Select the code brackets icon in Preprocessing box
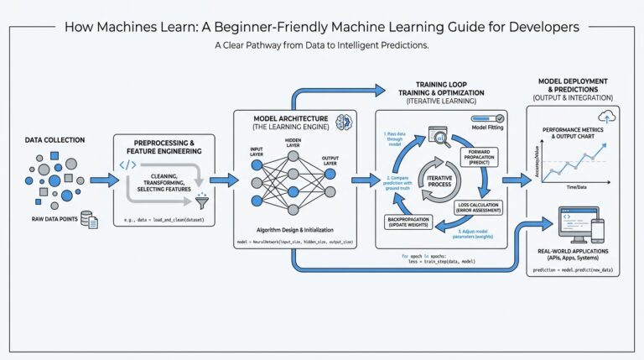127,164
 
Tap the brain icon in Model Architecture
343,122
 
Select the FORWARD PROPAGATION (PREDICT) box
480,156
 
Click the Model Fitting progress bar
486,119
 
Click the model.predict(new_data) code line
575,271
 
